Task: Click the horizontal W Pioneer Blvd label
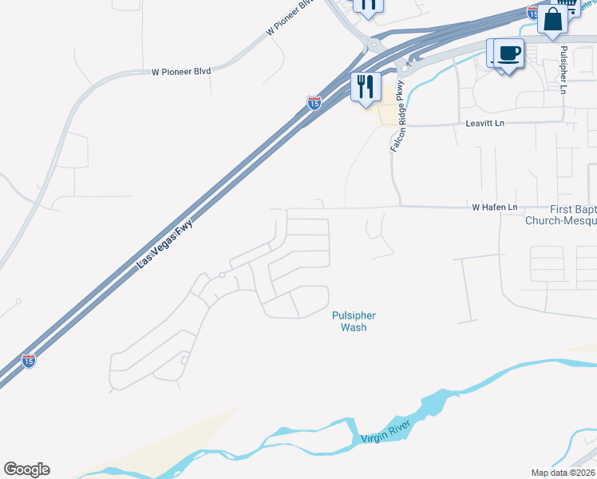181,72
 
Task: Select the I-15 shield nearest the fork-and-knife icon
314,103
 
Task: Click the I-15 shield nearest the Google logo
29,360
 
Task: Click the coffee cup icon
508,54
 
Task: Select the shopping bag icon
552,18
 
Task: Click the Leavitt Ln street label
485,124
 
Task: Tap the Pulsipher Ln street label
563,70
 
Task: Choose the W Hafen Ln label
495,207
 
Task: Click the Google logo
26,469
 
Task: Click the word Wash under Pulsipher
353,327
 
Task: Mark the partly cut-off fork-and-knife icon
367,6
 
